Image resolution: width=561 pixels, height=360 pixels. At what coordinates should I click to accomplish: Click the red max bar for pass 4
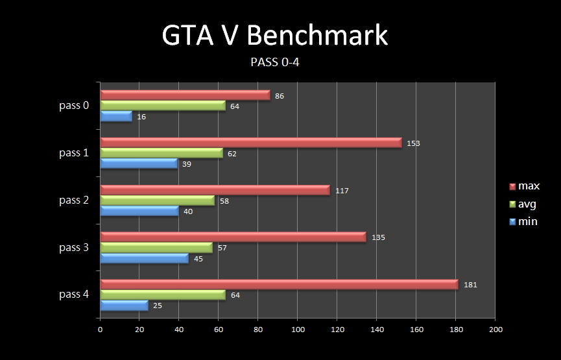[279, 284]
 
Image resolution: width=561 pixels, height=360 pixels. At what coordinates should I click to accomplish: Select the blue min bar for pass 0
[116, 116]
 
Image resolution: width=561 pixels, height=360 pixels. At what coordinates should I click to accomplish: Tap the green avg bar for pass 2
[157, 200]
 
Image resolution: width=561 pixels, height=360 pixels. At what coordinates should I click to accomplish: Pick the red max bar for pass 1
[251, 143]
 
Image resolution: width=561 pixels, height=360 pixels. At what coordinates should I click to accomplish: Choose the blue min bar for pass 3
[144, 258]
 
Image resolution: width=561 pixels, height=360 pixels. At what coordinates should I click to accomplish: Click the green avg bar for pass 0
[163, 106]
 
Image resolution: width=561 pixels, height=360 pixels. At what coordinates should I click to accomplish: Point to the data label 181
[470, 285]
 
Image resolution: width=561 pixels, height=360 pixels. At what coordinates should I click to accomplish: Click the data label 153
[414, 143]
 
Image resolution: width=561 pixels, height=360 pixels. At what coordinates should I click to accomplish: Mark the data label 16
[141, 117]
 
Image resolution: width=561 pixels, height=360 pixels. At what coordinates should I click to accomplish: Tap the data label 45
[198, 259]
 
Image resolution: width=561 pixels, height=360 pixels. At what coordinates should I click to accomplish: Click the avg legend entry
[523, 204]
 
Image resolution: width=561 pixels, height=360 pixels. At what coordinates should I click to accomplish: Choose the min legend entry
[523, 222]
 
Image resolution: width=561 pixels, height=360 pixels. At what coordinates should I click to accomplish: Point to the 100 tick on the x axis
[298, 330]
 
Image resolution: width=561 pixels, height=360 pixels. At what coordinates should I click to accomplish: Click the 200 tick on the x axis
[495, 330]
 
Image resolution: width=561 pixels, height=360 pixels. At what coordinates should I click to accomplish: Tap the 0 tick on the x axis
[100, 330]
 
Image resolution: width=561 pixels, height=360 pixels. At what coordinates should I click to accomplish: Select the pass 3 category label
[74, 248]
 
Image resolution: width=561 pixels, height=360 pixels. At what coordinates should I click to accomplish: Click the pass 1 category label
[74, 153]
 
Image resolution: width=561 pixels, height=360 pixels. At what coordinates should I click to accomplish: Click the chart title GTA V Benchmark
[274, 36]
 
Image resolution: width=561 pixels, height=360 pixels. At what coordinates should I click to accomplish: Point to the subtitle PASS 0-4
[274, 63]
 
